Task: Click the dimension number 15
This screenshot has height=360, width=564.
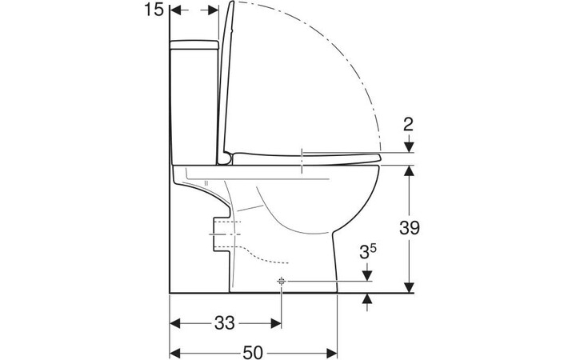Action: click(154, 10)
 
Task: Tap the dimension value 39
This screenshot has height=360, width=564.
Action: click(410, 228)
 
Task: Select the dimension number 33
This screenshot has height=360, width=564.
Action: click(225, 323)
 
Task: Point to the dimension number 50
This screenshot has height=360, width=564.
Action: click(253, 352)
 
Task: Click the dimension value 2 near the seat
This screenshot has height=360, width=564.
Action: click(409, 125)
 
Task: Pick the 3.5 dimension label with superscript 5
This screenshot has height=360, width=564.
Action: click(368, 252)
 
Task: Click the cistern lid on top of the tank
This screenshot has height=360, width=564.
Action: click(194, 45)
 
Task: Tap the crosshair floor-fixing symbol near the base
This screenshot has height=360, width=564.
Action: click(282, 282)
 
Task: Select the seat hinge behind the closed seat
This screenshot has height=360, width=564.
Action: click(226, 158)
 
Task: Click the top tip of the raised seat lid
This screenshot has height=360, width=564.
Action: click(232, 2)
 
